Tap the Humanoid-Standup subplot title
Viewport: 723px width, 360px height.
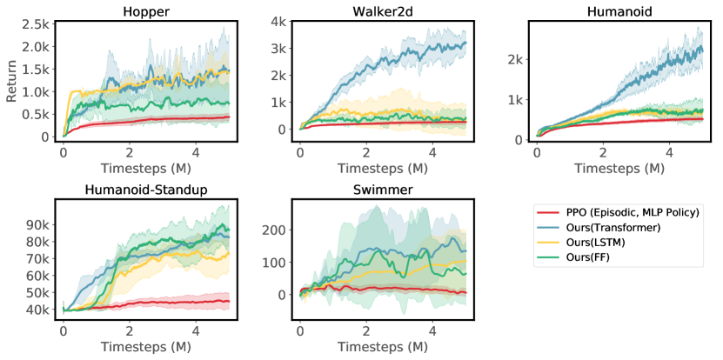145,190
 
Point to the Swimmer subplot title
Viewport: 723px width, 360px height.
382,190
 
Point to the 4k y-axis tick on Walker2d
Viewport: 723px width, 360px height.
280,21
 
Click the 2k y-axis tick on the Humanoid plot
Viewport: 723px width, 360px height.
516,59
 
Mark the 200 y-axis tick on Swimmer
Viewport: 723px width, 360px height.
277,230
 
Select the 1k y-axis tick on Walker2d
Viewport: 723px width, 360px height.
280,102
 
